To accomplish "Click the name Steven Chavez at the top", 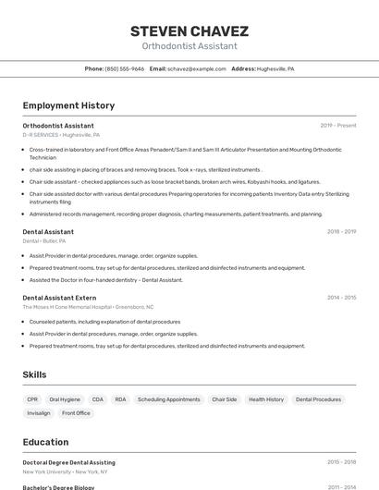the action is tap(189, 31).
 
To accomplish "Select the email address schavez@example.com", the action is tap(196, 68).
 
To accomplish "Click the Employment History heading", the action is tap(68, 106).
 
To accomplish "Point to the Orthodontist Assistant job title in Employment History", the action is tap(58, 125).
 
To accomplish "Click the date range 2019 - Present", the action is tap(337, 125).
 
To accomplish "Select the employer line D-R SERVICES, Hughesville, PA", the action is tap(61, 134).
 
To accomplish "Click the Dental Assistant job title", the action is tap(48, 231).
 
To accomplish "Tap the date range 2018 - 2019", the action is tap(341, 231).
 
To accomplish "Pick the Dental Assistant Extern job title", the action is tap(59, 298).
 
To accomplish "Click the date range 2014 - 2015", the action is tap(341, 298).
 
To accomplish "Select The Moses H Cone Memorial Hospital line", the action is tap(88, 307).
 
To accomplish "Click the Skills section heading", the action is tap(35, 374).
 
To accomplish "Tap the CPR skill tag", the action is tap(32, 399).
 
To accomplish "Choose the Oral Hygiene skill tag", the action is tap(65, 399).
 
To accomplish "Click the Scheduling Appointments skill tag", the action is tap(169, 399).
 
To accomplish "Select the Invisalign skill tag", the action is tap(39, 413).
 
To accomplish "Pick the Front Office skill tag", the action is tap(77, 413).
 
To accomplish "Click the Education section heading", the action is tap(45, 442).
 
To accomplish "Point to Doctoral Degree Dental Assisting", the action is tap(69, 461).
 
